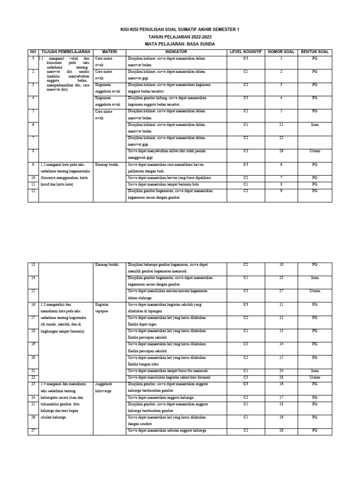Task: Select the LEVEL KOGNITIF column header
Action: tap(245, 52)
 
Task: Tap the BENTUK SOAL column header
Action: tap(315, 52)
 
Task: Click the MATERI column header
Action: tap(109, 52)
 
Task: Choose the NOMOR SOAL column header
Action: tap(281, 52)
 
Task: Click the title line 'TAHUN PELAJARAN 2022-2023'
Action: tap(180, 36)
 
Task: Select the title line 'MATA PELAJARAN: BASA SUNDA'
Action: tap(180, 43)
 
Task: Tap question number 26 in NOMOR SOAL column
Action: tap(281, 151)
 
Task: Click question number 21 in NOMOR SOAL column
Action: tap(281, 125)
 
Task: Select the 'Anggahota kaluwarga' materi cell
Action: tap(104, 387)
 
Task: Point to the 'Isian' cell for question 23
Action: tap(315, 278)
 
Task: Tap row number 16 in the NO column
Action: tap(33, 304)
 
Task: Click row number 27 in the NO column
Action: tap(33, 430)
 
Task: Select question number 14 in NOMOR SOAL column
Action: tap(281, 344)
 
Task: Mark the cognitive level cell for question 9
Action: tap(245, 191)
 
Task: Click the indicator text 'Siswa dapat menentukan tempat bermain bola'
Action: tap(158, 185)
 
